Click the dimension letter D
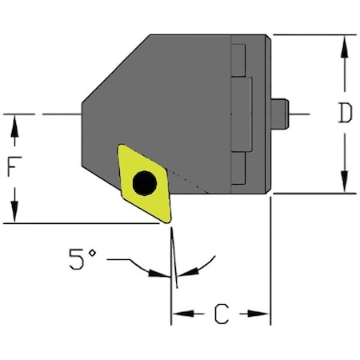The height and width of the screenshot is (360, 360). click(344, 114)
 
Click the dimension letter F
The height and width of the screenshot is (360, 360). click(14, 169)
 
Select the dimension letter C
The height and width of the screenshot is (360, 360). click(221, 314)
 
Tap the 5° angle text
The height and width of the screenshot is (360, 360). click(82, 259)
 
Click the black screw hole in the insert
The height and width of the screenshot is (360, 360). click(145, 183)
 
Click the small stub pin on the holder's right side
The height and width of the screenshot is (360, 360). click(279, 114)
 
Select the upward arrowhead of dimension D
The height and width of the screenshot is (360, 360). click(344, 43)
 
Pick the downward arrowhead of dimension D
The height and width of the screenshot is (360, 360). click(344, 185)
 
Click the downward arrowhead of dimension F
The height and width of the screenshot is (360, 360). click(14, 215)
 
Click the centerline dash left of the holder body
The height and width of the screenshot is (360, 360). click(60, 114)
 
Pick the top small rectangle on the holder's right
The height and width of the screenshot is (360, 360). click(238, 56)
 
